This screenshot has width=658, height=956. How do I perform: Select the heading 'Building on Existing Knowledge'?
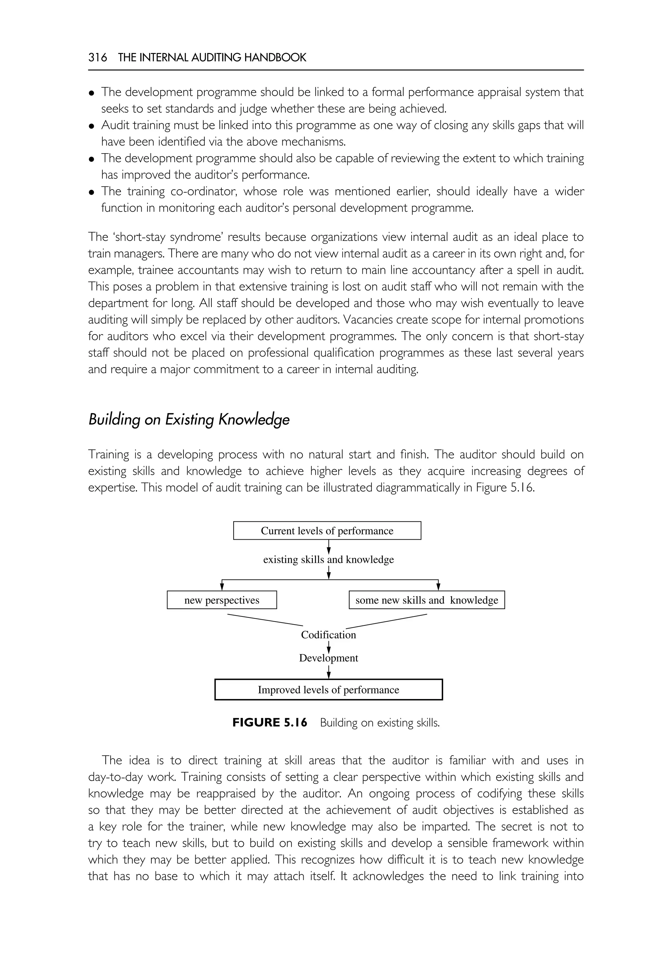[x=189, y=419]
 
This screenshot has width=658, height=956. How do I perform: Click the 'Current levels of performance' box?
[x=327, y=531]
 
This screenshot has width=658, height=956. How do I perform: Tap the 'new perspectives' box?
[x=222, y=600]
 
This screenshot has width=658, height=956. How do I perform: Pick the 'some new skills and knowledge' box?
[x=427, y=600]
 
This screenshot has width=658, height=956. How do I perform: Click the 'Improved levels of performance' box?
[x=328, y=690]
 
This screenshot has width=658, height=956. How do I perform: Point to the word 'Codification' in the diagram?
[x=328, y=634]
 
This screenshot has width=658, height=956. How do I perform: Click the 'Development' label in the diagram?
[x=328, y=658]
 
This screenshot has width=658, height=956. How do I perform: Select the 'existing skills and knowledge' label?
[x=328, y=559]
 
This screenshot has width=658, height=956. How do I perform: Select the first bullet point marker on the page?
[x=92, y=93]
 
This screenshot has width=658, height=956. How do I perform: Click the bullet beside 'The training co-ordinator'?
[x=92, y=192]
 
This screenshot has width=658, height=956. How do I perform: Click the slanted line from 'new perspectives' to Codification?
[x=265, y=620]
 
